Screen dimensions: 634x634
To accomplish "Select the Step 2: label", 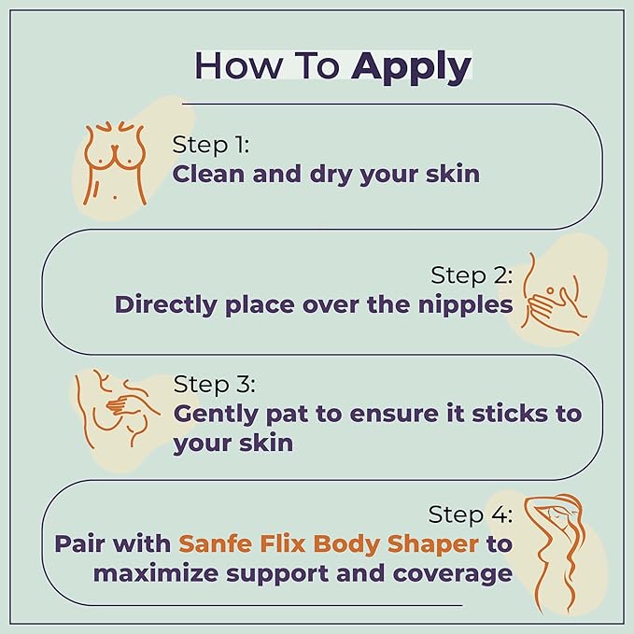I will [x=472, y=275].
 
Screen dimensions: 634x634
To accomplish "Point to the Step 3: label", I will [x=215, y=384].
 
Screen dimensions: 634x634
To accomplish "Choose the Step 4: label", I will [x=470, y=514].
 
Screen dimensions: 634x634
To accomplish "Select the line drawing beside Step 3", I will [x=115, y=408].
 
